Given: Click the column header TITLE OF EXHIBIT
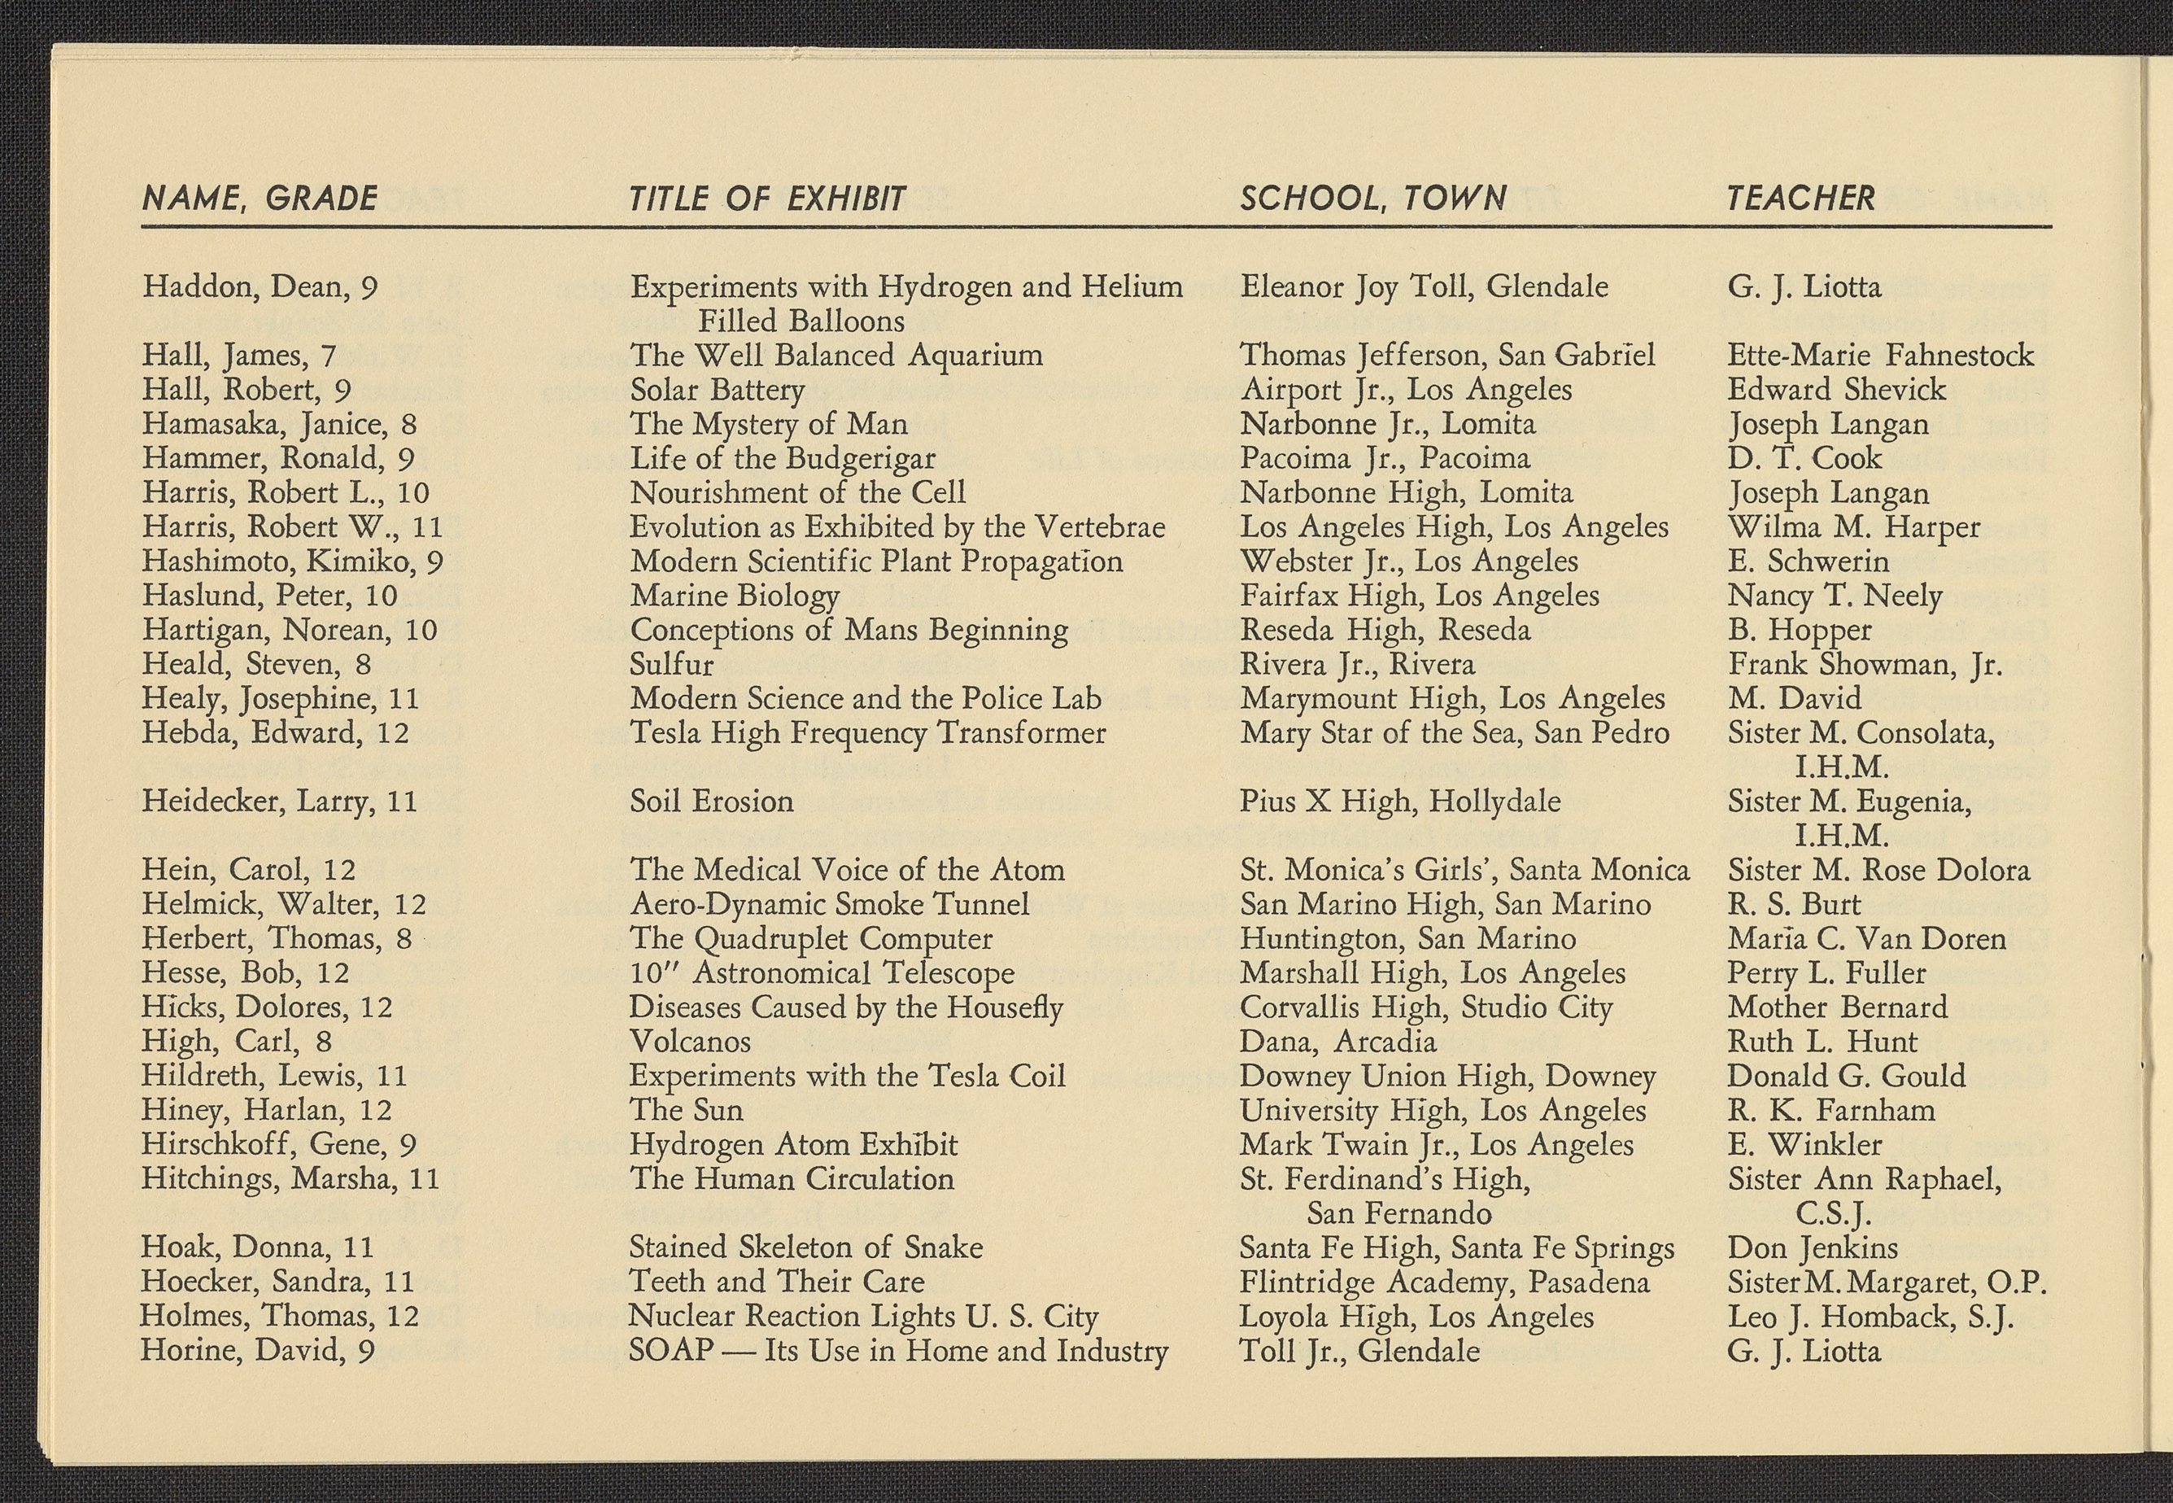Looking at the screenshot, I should [x=767, y=199].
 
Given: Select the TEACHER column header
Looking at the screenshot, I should [x=1801, y=199].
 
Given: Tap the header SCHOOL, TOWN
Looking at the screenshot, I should [x=1372, y=199].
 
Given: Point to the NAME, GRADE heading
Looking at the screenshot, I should [x=260, y=199].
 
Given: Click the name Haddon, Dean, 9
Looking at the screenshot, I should [x=260, y=286].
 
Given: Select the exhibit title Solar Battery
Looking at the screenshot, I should [x=717, y=390].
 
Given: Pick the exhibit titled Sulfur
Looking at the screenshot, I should [x=671, y=665].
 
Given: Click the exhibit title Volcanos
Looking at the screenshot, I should [x=690, y=1042].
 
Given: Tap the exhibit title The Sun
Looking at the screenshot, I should [x=687, y=1110].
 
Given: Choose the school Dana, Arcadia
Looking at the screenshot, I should [x=1337, y=1042].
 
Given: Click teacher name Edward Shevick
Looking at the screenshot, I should [x=1836, y=390].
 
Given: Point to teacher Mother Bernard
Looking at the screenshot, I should [x=1837, y=1007].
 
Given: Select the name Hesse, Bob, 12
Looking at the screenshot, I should [x=245, y=972].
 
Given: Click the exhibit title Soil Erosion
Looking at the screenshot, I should [x=711, y=802].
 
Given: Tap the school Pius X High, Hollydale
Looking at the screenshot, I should [x=1400, y=802].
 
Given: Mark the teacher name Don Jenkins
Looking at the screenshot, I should [x=1813, y=1247].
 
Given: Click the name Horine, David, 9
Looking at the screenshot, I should [x=258, y=1352].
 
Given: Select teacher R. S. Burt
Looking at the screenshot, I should [x=1794, y=905].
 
